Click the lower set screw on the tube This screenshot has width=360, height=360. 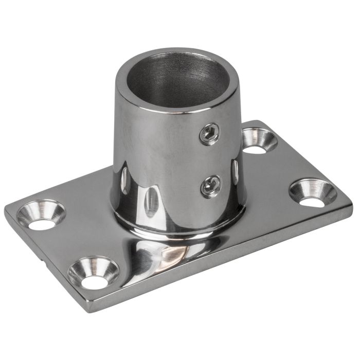211,185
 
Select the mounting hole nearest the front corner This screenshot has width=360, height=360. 93,273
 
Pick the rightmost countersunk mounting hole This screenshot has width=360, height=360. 312,192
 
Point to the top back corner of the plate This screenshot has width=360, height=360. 260,122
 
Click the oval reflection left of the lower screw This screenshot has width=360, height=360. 151,201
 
